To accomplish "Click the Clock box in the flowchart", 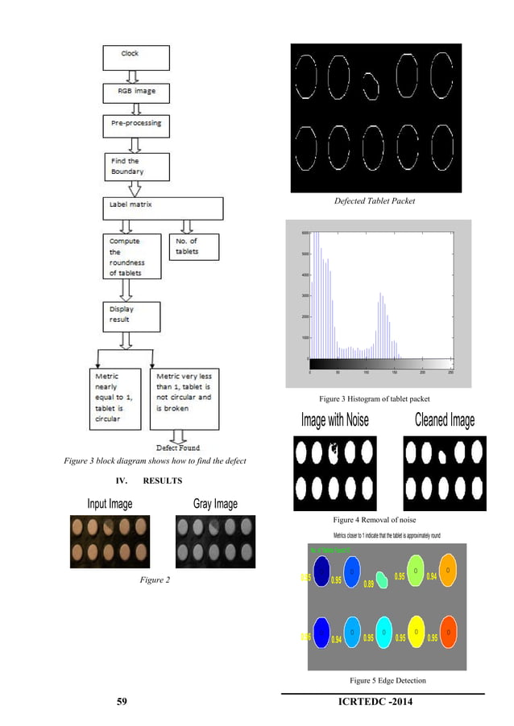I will (x=135, y=56).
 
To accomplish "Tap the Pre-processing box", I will (x=135, y=125).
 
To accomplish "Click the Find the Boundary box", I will (x=135, y=167).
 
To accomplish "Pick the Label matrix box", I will (x=162, y=208).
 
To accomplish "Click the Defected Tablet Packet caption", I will (x=375, y=201).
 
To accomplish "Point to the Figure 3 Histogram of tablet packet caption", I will (x=375, y=399).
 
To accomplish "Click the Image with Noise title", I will (x=334, y=420).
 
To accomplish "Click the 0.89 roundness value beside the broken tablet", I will (x=369, y=583).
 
